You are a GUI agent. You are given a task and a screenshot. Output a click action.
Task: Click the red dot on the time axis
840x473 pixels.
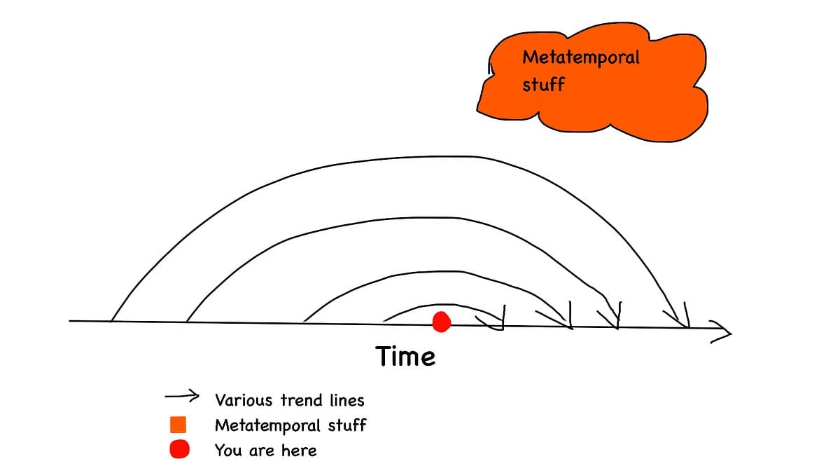442,322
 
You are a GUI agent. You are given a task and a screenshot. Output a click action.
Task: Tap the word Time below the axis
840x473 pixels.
405,356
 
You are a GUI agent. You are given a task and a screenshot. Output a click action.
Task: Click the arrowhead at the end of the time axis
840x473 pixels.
721,332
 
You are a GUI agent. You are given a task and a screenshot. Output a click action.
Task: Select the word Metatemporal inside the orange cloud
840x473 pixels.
581,57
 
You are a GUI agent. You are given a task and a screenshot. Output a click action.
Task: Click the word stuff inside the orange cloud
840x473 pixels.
543,84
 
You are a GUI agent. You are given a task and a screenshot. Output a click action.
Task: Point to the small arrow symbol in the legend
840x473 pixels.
182,396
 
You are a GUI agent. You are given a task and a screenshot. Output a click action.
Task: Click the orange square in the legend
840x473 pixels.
178,425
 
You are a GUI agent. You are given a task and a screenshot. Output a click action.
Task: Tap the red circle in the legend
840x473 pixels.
179,449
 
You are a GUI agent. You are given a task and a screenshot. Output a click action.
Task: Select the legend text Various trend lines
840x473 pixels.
290,400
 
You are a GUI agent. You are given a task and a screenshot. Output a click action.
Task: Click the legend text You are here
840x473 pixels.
265,450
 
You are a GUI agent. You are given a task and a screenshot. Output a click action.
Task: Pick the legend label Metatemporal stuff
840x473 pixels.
290,425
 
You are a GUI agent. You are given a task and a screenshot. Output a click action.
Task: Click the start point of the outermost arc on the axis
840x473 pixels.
111,322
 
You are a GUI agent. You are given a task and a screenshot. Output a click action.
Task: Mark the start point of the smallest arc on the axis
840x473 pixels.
383,322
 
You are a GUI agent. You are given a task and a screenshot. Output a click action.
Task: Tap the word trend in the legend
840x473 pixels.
302,400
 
